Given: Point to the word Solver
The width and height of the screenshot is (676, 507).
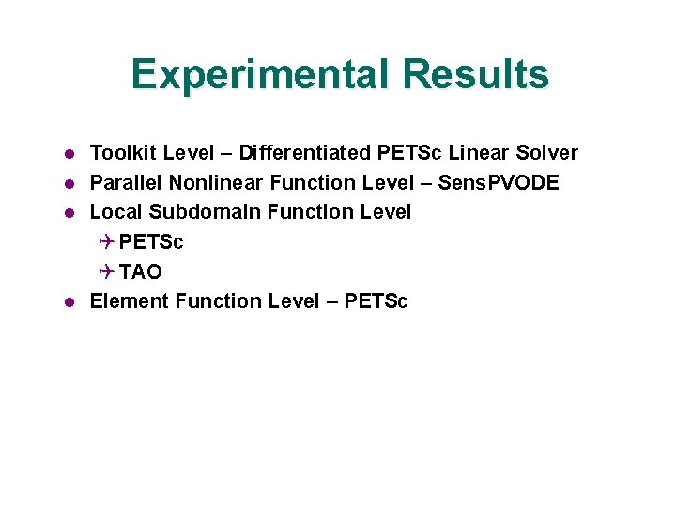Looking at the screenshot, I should pos(547,152).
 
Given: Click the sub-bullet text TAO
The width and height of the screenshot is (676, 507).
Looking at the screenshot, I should pos(141,272).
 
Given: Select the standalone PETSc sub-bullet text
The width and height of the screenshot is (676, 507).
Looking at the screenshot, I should pos(151,242).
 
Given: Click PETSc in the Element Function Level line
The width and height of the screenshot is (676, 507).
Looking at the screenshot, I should pos(376,301).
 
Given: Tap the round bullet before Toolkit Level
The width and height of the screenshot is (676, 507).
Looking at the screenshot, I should pos(69,153).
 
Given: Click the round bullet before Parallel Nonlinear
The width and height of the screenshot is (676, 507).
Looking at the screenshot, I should pos(69,183).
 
